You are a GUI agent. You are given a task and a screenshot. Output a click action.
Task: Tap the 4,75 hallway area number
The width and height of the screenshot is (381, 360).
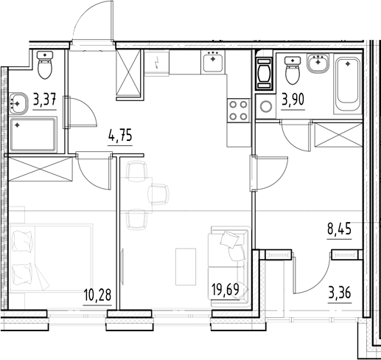122,135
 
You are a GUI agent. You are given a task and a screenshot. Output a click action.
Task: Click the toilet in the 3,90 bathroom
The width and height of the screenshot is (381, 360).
291,72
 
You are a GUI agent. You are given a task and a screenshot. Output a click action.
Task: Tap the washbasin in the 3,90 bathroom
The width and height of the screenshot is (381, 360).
318,64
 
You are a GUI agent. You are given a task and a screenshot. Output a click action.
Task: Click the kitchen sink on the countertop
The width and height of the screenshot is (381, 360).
213,62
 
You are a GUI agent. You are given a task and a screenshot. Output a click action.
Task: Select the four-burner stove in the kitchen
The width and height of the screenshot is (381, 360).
239,111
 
